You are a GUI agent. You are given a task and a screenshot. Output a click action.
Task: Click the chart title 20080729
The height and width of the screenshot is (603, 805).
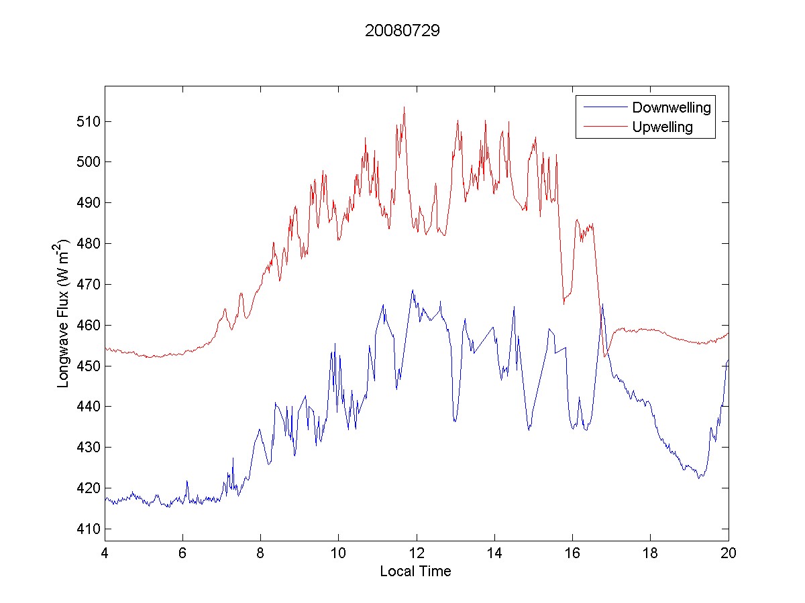(402, 31)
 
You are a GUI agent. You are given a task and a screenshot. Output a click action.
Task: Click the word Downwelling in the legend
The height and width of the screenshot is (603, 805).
(671, 107)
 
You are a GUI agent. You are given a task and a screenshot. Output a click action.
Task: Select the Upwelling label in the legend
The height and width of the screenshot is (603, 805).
(662, 127)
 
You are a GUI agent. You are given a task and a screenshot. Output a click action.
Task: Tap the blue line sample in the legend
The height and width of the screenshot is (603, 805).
(603, 107)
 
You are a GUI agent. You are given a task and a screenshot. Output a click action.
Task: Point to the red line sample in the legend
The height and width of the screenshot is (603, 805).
(603, 127)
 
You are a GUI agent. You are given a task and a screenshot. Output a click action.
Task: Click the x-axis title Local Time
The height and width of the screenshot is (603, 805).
(415, 572)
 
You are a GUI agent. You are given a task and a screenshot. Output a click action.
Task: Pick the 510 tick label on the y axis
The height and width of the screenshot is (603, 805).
(89, 121)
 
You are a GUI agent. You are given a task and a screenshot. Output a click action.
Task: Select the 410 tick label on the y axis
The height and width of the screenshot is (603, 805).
(89, 529)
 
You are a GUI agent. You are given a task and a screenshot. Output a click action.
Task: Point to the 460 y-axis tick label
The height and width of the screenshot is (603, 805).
(89, 325)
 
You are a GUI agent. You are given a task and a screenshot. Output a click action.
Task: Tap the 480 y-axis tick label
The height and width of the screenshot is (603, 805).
(89, 244)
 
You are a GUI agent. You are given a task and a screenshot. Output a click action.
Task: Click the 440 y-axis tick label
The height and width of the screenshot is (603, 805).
(89, 407)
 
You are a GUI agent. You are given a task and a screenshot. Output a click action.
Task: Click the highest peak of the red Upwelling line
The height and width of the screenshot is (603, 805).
(404, 107)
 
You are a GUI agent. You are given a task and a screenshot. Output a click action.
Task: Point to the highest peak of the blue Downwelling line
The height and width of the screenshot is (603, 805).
(413, 290)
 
